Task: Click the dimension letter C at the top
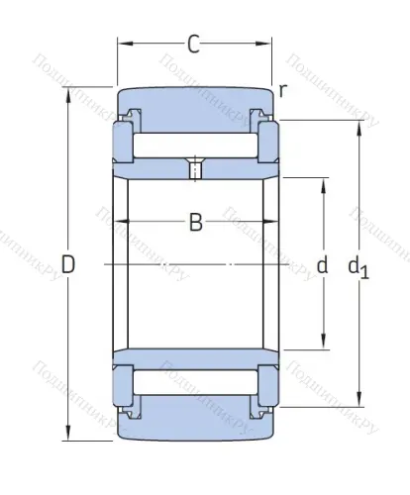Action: point(194,44)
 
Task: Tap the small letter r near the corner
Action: point(283,91)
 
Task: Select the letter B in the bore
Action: point(195,223)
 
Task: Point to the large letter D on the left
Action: point(67,264)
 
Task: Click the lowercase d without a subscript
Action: point(321,264)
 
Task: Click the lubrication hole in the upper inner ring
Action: point(195,170)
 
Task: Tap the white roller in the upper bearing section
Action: point(195,144)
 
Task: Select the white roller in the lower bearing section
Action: point(195,383)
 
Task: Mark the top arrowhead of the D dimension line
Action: point(68,93)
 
